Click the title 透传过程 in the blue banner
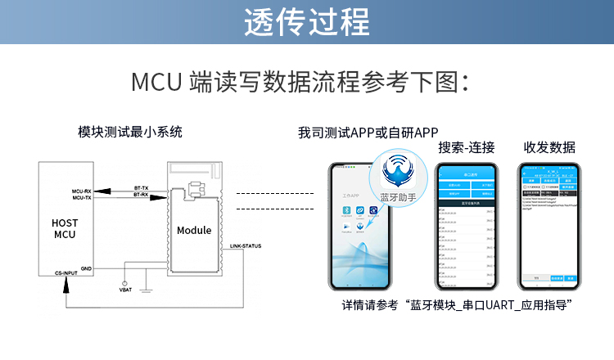click(x=306, y=22)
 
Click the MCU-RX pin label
click(x=82, y=191)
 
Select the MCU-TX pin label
click(x=82, y=198)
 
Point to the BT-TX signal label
click(x=141, y=187)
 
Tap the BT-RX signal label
click(x=141, y=196)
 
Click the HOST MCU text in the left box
click(x=64, y=228)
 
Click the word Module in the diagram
click(x=194, y=230)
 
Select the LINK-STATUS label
click(x=246, y=245)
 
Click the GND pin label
click(x=86, y=267)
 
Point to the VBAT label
click(x=125, y=289)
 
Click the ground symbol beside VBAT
click(x=144, y=286)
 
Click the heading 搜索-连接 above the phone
click(x=467, y=147)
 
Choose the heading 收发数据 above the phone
click(x=549, y=147)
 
